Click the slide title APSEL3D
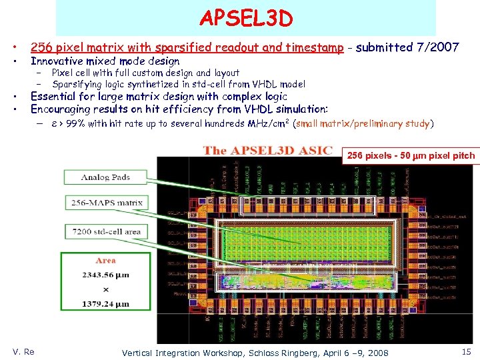tap(246, 19)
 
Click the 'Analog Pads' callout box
tap(105, 177)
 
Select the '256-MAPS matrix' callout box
tap(105, 202)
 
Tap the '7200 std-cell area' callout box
tap(106, 231)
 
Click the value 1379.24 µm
tap(105, 303)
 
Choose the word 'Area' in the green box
tap(105, 261)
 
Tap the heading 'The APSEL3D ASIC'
tap(268, 150)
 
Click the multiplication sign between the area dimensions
tap(105, 289)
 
